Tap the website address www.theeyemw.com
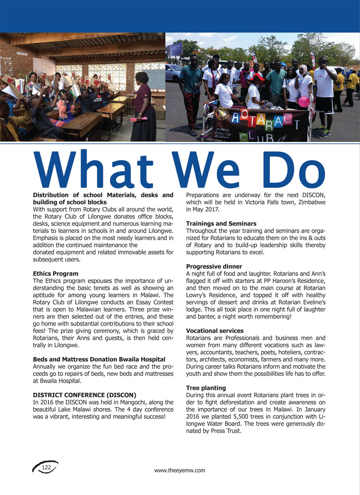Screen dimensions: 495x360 [x=180, y=470]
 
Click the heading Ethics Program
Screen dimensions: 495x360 [x=56, y=274]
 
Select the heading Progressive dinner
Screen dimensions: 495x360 [x=214, y=266]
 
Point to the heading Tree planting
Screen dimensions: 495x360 [x=206, y=388]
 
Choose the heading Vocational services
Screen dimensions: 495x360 [x=214, y=331]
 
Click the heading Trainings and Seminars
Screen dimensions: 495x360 [x=221, y=224]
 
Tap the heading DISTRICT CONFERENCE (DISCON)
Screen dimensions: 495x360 [x=85, y=395]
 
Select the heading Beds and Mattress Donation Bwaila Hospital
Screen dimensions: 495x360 [x=99, y=359]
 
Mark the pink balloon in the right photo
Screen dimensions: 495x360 [x=304, y=102]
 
